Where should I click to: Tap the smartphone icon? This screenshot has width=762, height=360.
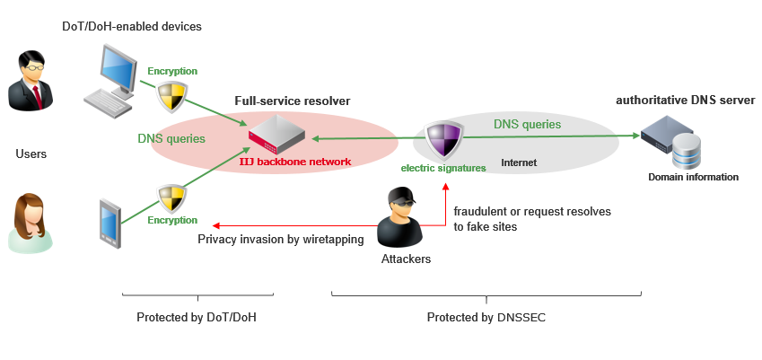pyautogui.click(x=109, y=224)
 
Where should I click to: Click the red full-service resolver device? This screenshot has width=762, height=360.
pyautogui.click(x=276, y=136)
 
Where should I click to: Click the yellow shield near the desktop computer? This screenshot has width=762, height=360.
pyautogui.click(x=171, y=95)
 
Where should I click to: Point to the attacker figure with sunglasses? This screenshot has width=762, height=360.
pyautogui.click(x=400, y=217)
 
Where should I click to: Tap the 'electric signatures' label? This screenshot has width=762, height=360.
pyautogui.click(x=443, y=168)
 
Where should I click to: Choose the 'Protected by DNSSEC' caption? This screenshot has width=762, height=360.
pyautogui.click(x=485, y=317)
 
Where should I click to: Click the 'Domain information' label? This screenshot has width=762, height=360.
pyautogui.click(x=693, y=177)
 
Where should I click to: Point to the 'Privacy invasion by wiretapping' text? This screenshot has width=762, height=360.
pyautogui.click(x=280, y=239)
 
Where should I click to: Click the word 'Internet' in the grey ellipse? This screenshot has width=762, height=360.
pyautogui.click(x=519, y=163)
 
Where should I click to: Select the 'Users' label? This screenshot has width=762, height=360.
pyautogui.click(x=31, y=154)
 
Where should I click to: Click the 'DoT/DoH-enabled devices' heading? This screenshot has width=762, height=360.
pyautogui.click(x=132, y=26)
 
